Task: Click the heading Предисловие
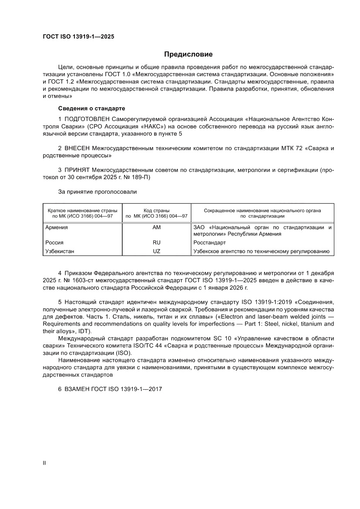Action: click(188, 54)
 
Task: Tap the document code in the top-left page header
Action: click(78, 37)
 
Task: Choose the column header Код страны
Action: click(156, 210)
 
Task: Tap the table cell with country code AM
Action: click(156, 227)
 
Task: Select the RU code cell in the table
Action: click(156, 243)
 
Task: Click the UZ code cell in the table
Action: click(156, 251)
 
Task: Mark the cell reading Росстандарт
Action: click(209, 243)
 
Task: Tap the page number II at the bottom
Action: click(44, 463)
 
